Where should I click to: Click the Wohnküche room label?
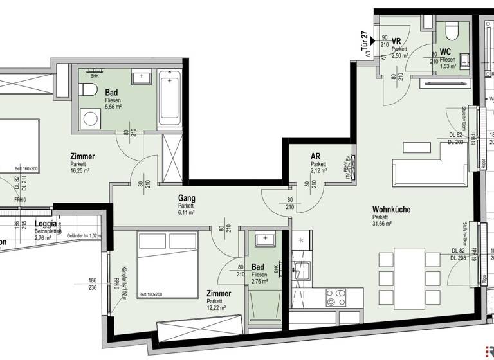pos(391,209)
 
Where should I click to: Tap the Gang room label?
pos(187,199)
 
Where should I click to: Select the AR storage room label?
pos(315,156)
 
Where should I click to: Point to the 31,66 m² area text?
pos(387,225)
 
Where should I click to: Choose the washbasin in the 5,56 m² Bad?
pos(141,78)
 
